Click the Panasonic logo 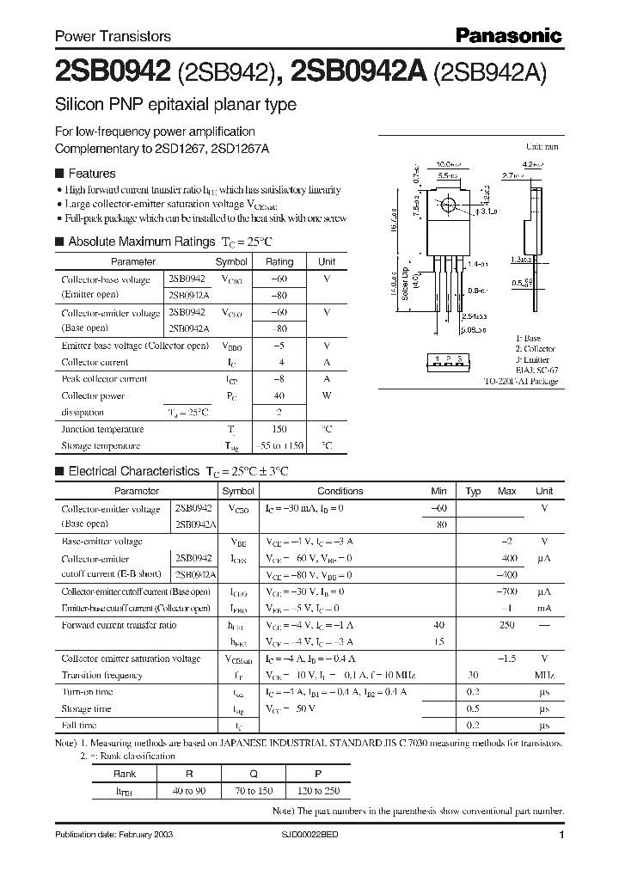(507, 35)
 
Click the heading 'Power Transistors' (113, 36)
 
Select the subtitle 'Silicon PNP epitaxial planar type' (175, 105)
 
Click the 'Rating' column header (279, 261)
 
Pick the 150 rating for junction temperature (279, 428)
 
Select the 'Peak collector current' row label (104, 378)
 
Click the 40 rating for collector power (279, 395)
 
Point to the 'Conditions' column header (340, 491)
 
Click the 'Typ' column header (473, 491)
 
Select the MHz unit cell (543, 675)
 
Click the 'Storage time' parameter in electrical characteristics (86, 708)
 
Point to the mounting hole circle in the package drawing (448, 205)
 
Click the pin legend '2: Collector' (536, 349)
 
